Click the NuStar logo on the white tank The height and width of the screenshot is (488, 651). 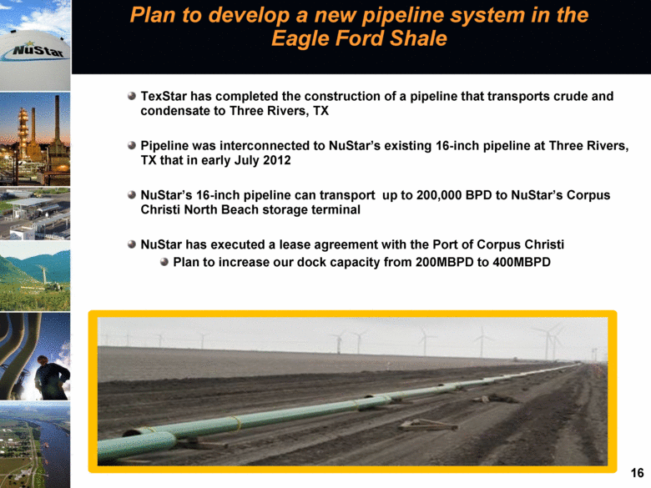[x=34, y=51]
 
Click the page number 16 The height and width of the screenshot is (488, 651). [x=637, y=473]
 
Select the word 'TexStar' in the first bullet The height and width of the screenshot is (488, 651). [x=164, y=96]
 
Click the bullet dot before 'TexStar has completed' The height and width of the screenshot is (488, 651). [x=132, y=96]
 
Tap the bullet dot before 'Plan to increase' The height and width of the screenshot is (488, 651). [x=164, y=262]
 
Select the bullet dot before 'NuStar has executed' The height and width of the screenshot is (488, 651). [x=132, y=244]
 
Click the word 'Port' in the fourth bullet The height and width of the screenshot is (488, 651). [x=445, y=244]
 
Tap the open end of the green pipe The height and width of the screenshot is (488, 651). [x=132, y=434]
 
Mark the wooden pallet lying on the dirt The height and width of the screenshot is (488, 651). [x=427, y=425]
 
